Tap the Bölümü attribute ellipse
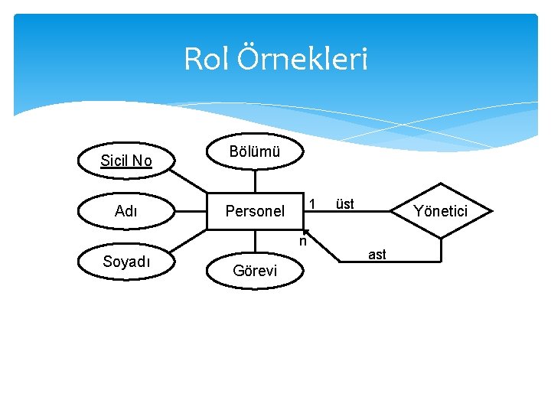(x=255, y=151)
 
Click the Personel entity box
(x=255, y=211)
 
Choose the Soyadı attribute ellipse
(x=127, y=261)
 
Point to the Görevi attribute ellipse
(x=255, y=271)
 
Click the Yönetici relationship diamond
(x=440, y=210)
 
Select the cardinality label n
(x=302, y=242)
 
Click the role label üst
(x=345, y=203)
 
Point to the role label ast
(x=377, y=254)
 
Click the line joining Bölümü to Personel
(x=255, y=180)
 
